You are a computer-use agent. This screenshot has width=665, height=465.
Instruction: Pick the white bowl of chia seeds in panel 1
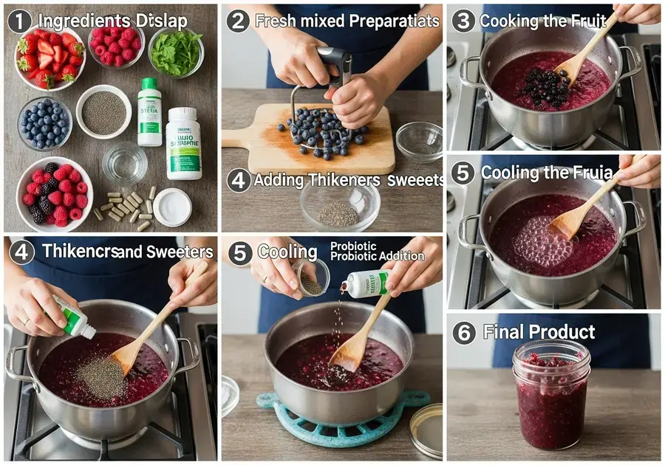[x=103, y=111]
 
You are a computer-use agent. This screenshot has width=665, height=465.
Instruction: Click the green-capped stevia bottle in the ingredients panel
[x=149, y=111]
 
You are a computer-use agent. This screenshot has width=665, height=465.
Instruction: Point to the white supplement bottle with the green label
[x=183, y=144]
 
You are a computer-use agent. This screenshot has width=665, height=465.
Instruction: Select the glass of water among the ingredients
[x=124, y=163]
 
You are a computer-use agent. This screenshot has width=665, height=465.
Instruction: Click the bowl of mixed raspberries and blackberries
[x=54, y=194]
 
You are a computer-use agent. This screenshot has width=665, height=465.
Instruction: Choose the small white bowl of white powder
[x=172, y=207]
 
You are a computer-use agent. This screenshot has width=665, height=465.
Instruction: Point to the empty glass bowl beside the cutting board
[x=419, y=140]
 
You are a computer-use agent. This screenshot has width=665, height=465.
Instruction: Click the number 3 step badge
[x=463, y=21]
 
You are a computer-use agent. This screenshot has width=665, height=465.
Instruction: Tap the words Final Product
[x=539, y=332]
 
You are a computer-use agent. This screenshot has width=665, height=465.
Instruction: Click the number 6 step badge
[x=464, y=333]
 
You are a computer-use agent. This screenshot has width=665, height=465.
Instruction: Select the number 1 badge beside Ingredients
[x=19, y=21]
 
